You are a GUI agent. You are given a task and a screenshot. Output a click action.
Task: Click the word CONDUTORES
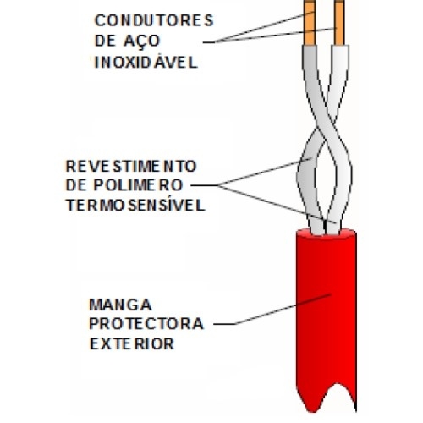[154, 20]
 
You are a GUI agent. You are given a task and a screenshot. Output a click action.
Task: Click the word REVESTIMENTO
[131, 166]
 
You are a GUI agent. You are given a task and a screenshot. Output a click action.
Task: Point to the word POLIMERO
[138, 185]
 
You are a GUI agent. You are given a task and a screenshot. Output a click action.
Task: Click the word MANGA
[120, 305]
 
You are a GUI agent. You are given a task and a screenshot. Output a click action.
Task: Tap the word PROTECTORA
[146, 324]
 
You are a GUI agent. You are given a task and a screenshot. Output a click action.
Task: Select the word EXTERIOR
[132, 343]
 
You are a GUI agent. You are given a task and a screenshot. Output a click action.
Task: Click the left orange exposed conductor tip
[310, 23]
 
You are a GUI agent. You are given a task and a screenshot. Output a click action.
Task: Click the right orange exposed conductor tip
[339, 23]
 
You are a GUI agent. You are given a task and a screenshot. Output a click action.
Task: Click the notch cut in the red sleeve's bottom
[338, 395]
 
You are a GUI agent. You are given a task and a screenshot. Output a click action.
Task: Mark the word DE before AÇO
[105, 41]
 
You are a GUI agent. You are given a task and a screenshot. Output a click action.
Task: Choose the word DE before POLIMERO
[75, 185]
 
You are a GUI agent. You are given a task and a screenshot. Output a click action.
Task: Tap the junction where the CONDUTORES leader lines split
[216, 42]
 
